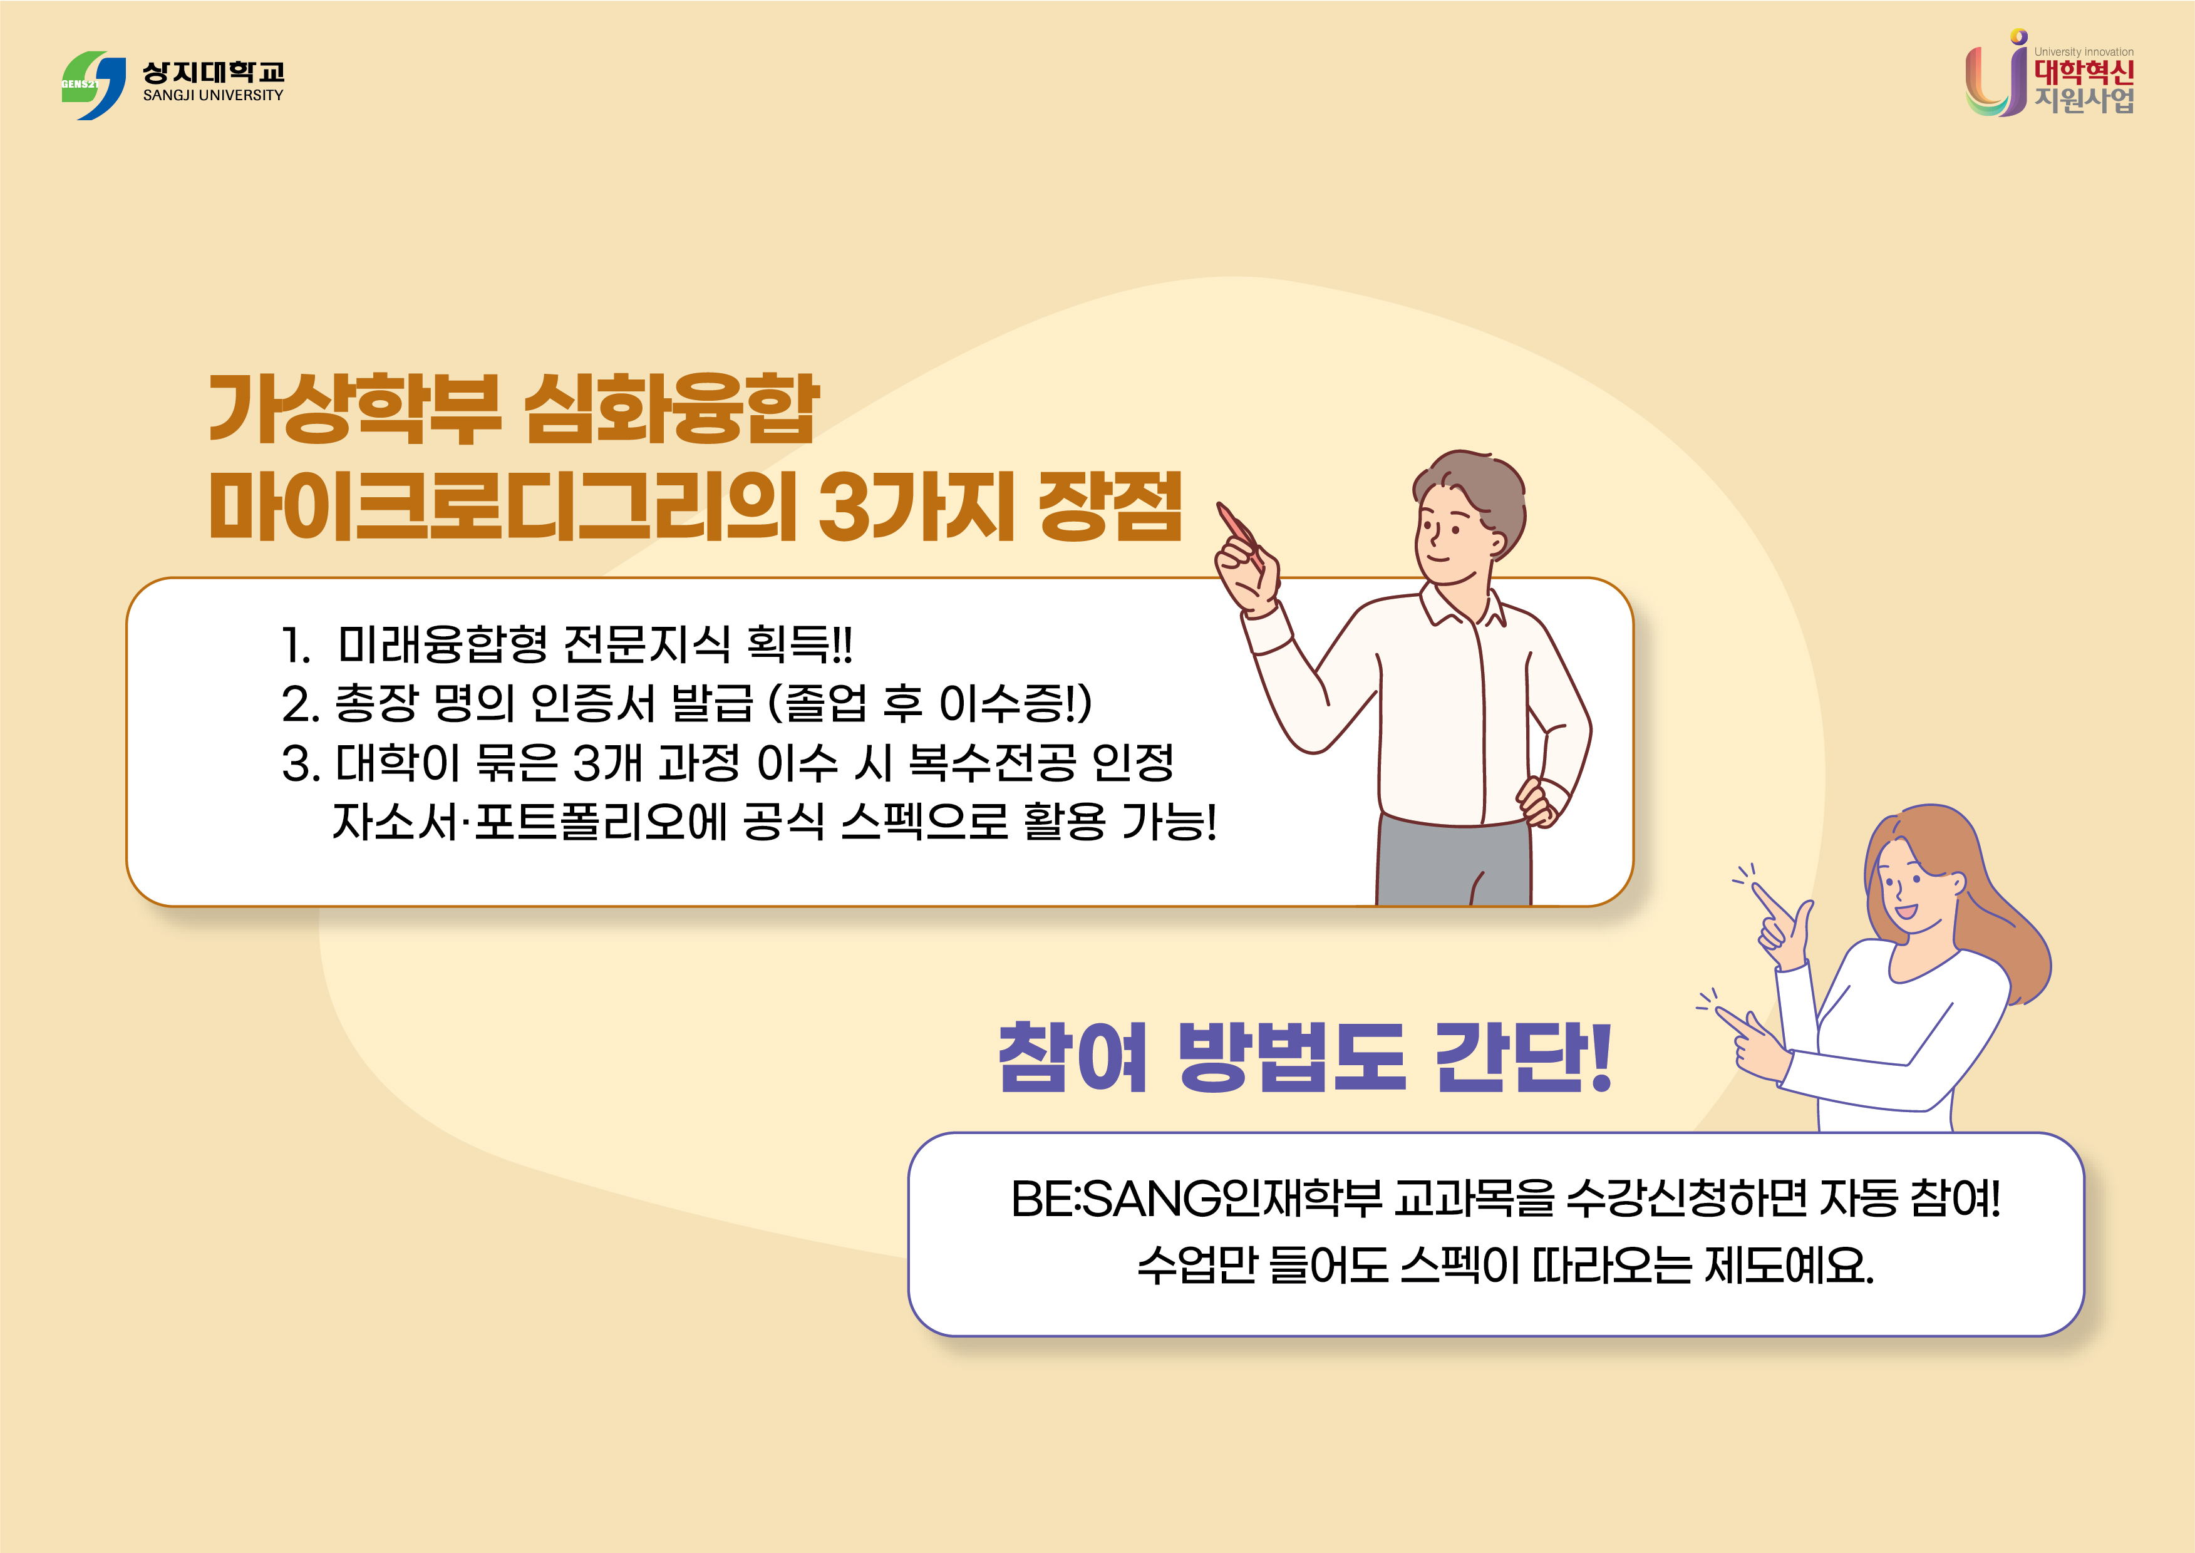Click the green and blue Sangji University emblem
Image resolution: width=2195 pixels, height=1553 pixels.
94,85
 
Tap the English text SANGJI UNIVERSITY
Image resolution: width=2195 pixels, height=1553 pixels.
214,96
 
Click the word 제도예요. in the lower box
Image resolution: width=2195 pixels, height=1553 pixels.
1789,1265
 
